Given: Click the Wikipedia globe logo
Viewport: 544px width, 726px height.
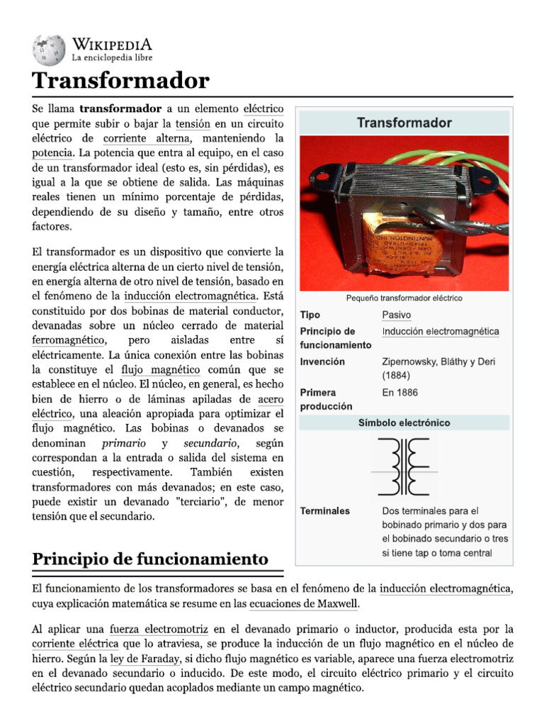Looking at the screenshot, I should tap(48, 50).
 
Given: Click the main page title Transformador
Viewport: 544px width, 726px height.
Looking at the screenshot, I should tap(120, 81).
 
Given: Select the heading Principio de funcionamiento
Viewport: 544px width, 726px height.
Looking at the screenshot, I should tap(150, 559).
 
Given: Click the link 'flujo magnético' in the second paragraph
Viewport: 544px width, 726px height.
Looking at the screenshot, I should tap(160, 370).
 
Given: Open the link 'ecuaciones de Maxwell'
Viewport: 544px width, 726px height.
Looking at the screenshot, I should tap(305, 603).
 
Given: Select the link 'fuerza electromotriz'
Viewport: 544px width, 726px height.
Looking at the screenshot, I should tap(159, 629).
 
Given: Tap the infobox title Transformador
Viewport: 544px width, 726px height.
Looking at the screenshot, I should tap(404, 123).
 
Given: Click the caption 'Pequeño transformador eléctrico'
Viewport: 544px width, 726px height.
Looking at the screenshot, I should tap(404, 298).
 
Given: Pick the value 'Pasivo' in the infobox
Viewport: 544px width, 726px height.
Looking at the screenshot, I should tap(396, 315).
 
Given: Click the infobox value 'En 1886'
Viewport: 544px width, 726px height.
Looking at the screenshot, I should tap(399, 392).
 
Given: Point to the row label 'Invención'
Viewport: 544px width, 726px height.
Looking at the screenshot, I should tap(322, 362).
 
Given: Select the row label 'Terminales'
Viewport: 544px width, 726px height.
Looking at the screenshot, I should tap(324, 510).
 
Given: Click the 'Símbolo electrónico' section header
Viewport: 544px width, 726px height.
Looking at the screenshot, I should tap(404, 423).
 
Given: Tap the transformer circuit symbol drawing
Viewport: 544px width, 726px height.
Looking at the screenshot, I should tap(404, 466).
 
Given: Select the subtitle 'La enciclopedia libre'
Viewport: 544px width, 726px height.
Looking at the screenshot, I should tap(111, 57).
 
